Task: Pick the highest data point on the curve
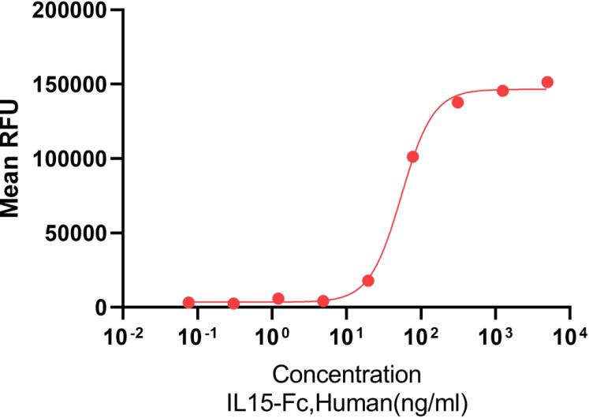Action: [x=547, y=82]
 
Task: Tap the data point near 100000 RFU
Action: [x=412, y=157]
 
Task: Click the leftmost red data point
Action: [x=188, y=302]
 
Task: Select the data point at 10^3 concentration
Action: [x=502, y=90]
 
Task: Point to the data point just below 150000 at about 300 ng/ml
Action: [x=457, y=103]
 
